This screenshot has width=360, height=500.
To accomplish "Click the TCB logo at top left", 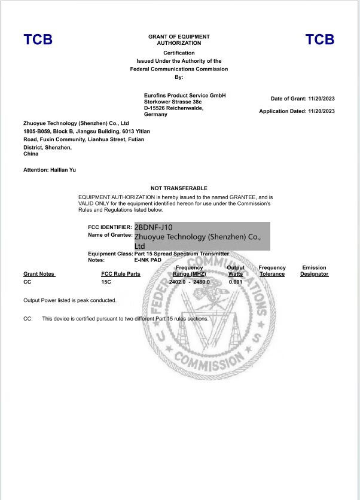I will pyautogui.click(x=38, y=39).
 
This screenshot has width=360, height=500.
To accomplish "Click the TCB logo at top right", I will pyautogui.click(x=320, y=39).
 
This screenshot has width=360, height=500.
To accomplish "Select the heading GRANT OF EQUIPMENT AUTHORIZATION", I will pyautogui.click(x=179, y=40).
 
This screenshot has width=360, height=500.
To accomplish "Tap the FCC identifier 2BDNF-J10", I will pyautogui.click(x=154, y=227).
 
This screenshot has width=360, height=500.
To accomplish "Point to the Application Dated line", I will pyautogui.click(x=297, y=111).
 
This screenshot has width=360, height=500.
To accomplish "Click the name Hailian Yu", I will pyautogui.click(x=63, y=170).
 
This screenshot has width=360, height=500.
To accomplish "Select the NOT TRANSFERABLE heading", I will pyautogui.click(x=179, y=188).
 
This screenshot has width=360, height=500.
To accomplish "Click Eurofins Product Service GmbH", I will pyautogui.click(x=185, y=96).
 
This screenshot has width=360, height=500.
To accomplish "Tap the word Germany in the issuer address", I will pyautogui.click(x=156, y=114).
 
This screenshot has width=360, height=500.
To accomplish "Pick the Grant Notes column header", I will pyautogui.click(x=39, y=274).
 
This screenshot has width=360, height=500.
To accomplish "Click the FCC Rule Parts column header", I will pyautogui.click(x=121, y=274).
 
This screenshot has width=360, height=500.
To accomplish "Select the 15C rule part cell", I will pyautogui.click(x=106, y=281).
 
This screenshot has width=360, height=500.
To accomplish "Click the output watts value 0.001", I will pyautogui.click(x=236, y=281).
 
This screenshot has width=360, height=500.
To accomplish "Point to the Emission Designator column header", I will pyautogui.click(x=314, y=271).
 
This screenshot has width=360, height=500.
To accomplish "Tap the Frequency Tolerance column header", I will pyautogui.click(x=272, y=271).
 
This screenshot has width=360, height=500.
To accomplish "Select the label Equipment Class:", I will pyautogui.click(x=110, y=254).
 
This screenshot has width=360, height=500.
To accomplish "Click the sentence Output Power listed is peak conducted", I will pyautogui.click(x=70, y=300).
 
